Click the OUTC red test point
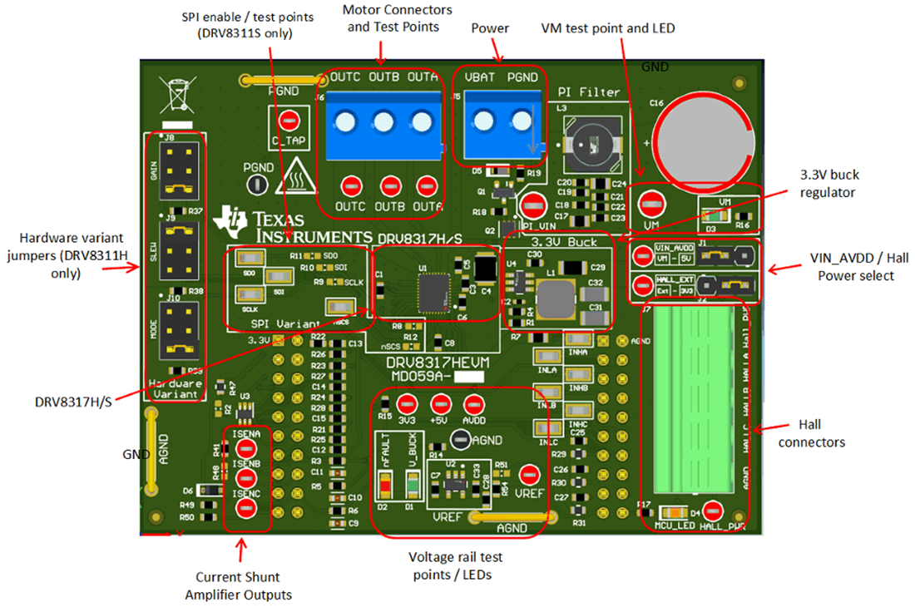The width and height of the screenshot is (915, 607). click(x=351, y=185)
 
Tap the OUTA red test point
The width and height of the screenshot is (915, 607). click(x=427, y=185)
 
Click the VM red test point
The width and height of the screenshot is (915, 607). click(x=651, y=202)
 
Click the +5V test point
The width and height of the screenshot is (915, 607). click(x=440, y=404)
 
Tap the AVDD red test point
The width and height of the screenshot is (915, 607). click(x=474, y=404)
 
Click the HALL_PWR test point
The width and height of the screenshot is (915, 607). click(x=711, y=511)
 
